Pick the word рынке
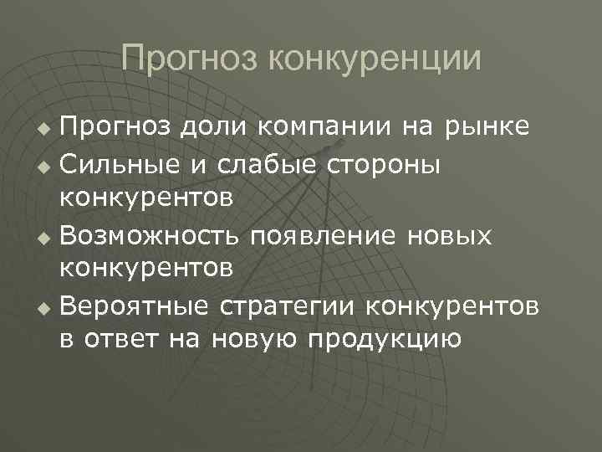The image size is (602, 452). click(486, 127)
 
